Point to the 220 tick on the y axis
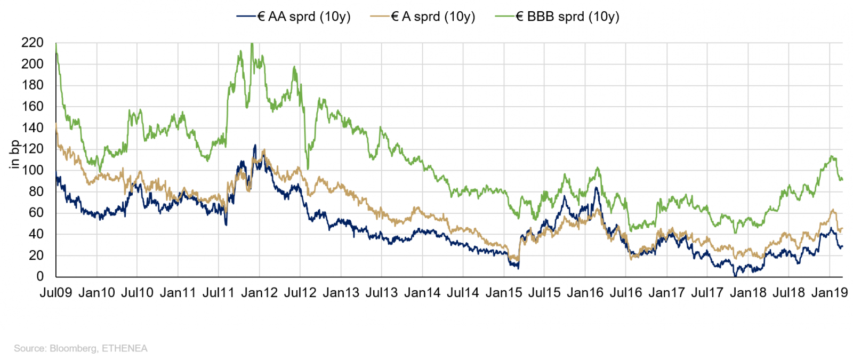point(33,43)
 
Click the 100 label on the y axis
point(33,170)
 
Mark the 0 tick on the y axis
point(40,276)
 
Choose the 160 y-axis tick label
point(33,106)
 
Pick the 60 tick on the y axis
point(36,212)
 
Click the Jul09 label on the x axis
point(55,293)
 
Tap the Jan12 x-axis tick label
point(259,293)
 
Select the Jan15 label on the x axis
point(504,293)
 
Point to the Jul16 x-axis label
point(626,293)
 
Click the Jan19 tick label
point(830,293)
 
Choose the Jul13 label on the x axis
point(382,293)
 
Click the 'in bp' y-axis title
point(14,155)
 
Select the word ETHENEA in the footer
point(125,349)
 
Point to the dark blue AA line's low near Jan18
point(736,275)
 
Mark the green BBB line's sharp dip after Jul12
point(308,168)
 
